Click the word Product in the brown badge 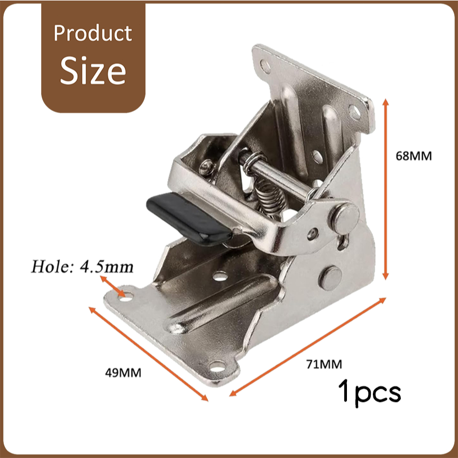tap(93, 33)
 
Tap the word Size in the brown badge tap(93, 71)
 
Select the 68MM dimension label tap(414, 156)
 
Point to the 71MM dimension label tap(324, 364)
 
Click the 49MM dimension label tap(123, 373)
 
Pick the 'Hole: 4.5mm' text tap(82, 267)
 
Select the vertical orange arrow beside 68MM tap(386, 189)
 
